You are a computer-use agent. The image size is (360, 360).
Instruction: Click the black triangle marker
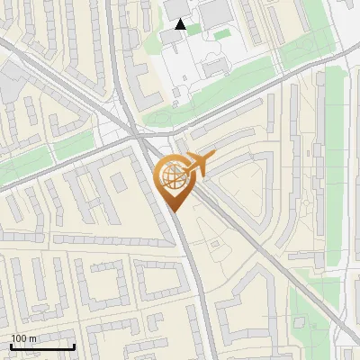[x=181, y=24]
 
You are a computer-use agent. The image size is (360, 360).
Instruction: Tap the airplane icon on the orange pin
[x=196, y=164]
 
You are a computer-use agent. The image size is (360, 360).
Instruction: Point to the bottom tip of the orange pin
[x=174, y=211]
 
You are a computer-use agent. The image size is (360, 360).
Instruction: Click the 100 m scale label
[x=24, y=338]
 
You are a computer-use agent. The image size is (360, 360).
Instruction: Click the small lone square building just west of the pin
[x=118, y=182]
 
